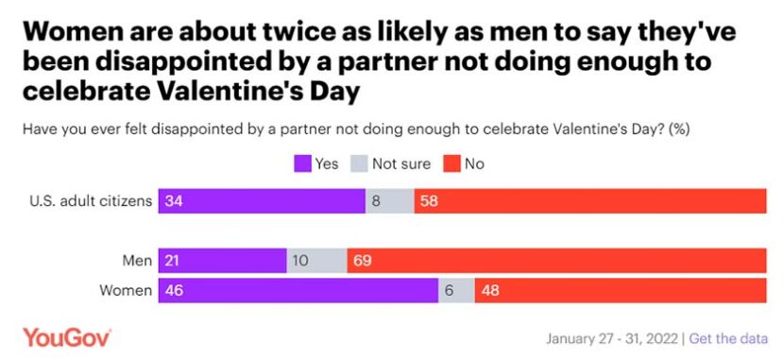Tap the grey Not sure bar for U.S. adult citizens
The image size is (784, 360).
point(389,201)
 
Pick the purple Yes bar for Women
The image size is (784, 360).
point(298,291)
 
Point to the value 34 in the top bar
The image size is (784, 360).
point(174,201)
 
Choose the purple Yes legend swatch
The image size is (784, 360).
point(301,163)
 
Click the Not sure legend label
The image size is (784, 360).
point(402,163)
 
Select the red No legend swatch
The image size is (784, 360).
point(451,163)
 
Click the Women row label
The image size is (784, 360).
point(125,291)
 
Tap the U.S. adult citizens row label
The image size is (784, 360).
point(91,201)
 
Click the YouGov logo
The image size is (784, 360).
point(67,337)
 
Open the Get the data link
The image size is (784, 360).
point(728,338)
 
